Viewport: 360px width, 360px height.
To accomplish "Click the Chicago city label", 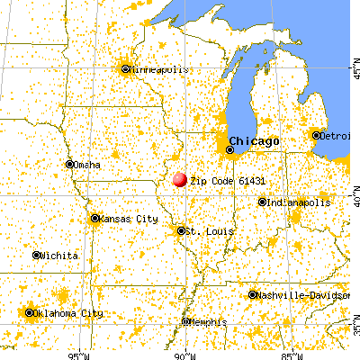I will [x=254, y=140].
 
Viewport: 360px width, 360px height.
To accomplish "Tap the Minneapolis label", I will [x=158, y=68].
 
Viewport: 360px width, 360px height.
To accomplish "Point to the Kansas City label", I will [x=128, y=219].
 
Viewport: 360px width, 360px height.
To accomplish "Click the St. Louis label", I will [x=211, y=231].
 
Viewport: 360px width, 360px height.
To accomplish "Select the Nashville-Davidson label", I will [x=296, y=295].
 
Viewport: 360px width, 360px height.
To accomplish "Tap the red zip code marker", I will [x=180, y=181].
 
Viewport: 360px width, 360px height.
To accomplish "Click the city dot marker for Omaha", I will [x=69, y=164].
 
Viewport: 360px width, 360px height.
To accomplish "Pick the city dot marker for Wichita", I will [x=37, y=256].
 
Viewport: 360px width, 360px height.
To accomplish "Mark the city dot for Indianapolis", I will [x=262, y=202].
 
